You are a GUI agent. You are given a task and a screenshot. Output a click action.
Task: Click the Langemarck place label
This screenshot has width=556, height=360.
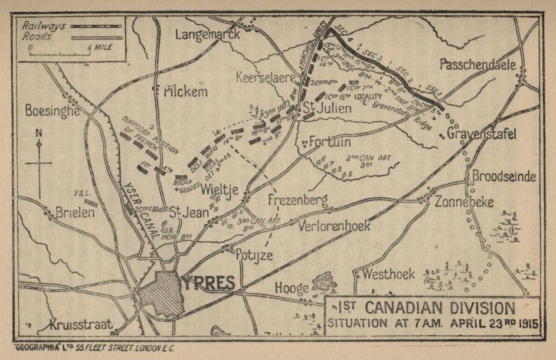(208, 34)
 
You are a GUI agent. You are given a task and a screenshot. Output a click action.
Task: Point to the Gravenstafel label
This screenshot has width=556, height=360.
(482, 134)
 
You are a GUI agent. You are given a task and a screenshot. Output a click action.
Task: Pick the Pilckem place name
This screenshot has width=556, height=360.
(185, 91)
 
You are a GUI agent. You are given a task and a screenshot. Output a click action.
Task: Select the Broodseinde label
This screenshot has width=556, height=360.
(503, 176)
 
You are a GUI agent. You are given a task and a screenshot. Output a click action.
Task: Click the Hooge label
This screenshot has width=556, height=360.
(292, 288)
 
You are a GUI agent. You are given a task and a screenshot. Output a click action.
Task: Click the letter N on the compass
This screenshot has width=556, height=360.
(39, 133)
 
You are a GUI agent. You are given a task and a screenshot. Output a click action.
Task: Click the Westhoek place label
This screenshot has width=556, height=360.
(388, 274)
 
